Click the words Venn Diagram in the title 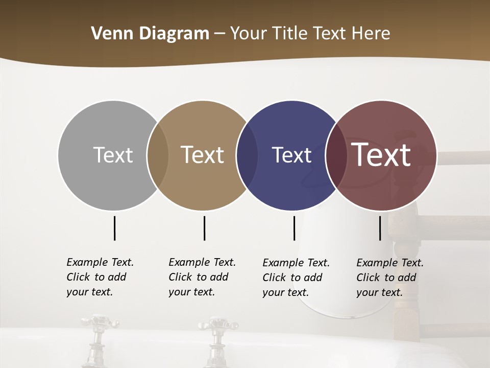click(x=150, y=34)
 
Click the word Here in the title click(x=371, y=34)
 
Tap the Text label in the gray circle click(x=113, y=155)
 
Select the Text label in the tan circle click(x=202, y=155)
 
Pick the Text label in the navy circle click(x=291, y=155)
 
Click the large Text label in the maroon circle click(x=381, y=155)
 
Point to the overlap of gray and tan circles click(x=158, y=155)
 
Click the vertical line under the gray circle click(x=115, y=228)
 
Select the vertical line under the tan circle click(x=204, y=228)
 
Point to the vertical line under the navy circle click(x=294, y=228)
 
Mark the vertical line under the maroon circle click(x=380, y=228)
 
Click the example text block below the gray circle click(x=100, y=277)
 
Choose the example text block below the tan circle click(x=202, y=277)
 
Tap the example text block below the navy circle click(x=296, y=278)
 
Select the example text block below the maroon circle click(x=389, y=278)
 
